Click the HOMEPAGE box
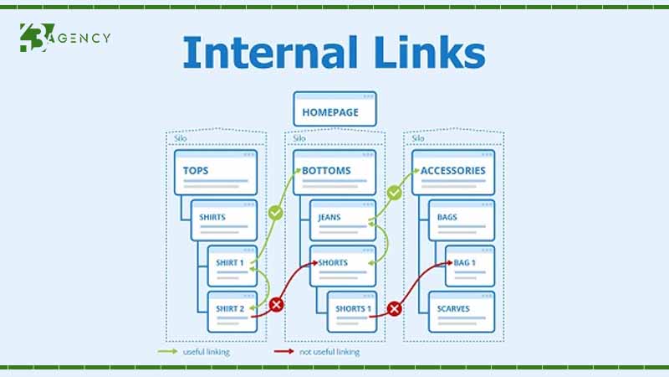point(334,111)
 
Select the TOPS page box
point(217,172)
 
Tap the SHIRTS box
point(225,220)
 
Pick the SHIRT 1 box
point(230,265)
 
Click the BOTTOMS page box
point(334,172)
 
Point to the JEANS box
point(343,220)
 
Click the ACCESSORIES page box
point(453,172)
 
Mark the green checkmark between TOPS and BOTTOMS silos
point(275,214)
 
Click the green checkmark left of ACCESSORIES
point(394,193)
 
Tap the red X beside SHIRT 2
point(276,306)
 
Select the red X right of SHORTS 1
point(395,309)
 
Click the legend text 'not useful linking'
point(329,352)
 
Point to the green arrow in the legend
point(168,352)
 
